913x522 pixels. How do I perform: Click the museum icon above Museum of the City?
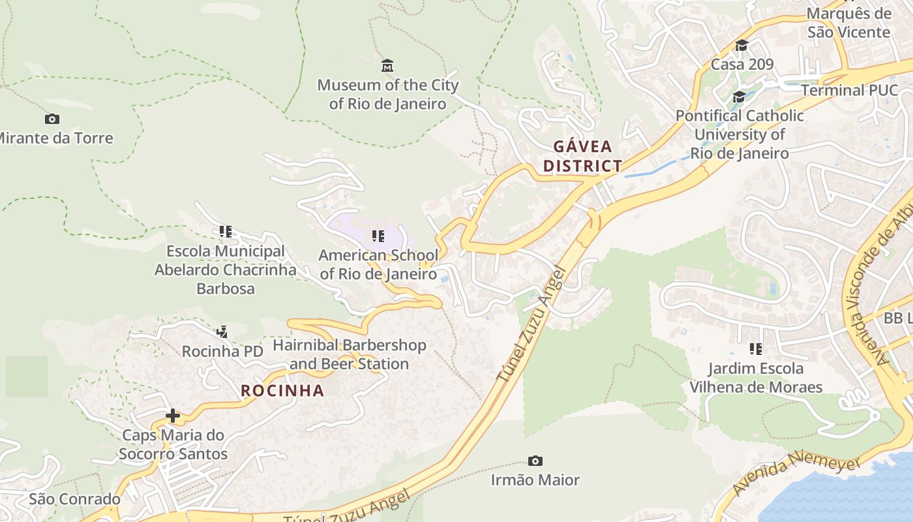[387, 66]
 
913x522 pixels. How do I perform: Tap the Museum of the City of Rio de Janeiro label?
[387, 95]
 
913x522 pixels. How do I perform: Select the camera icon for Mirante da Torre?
[52, 119]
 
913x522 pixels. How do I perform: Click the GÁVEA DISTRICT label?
[582, 156]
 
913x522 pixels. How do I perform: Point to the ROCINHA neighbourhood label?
[282, 391]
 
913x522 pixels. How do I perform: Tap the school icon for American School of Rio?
[378, 236]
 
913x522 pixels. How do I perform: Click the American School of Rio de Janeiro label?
[378, 264]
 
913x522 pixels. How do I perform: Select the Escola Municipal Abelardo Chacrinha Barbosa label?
[226, 269]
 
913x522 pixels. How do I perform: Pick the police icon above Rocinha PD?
[222, 332]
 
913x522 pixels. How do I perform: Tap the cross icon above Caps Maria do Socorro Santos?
[173, 416]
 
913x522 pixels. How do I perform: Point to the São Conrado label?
[74, 499]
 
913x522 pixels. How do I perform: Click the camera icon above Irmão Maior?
[535, 461]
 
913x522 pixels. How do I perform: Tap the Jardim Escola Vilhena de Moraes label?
[756, 378]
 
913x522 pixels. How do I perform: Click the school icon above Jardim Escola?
[756, 349]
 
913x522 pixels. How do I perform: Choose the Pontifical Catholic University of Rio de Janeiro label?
[740, 134]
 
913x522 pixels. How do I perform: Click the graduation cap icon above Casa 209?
[741, 46]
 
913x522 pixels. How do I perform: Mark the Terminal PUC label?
[849, 90]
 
